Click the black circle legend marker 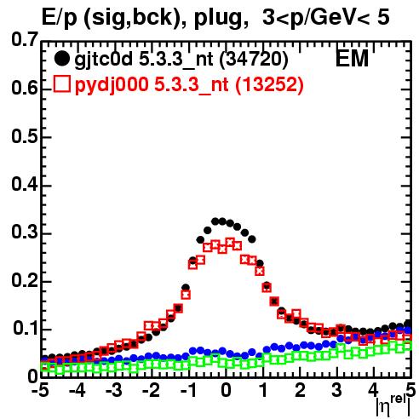point(61,59)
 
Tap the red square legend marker point(61,84)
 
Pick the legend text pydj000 point(112,85)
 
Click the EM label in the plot point(352,59)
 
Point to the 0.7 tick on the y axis point(25,39)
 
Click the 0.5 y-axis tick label point(25,136)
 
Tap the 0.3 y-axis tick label point(25,232)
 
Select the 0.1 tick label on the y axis point(26,328)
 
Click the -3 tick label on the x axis point(114,390)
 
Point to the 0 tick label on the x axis point(226,390)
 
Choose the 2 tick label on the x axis point(300,390)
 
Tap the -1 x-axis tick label point(188,390)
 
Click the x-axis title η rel point(393,405)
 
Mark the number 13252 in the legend point(270,84)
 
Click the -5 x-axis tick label point(40,390)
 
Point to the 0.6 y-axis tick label point(25,88)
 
